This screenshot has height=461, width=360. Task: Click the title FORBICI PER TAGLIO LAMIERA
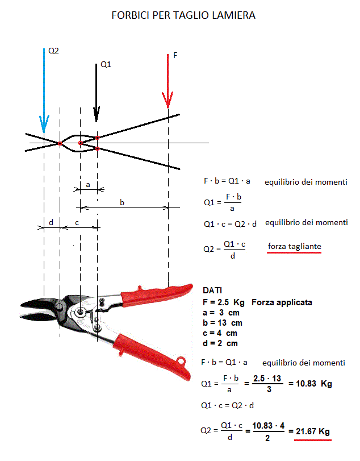click(x=183, y=15)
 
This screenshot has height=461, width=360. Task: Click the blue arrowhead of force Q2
click(x=44, y=124)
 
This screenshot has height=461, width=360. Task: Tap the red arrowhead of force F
click(x=168, y=100)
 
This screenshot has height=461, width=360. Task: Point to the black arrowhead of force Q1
click(x=97, y=114)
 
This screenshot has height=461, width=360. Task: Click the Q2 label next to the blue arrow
click(x=53, y=51)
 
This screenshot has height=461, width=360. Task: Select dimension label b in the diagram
click(x=122, y=202)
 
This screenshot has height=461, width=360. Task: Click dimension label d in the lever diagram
click(x=51, y=223)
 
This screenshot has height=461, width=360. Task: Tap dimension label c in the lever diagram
click(x=77, y=223)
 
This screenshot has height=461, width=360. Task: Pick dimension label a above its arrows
click(x=88, y=185)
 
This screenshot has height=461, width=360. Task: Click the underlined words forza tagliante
click(x=295, y=246)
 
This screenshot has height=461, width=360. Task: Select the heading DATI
click(x=212, y=290)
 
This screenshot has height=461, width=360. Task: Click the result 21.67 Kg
click(x=313, y=431)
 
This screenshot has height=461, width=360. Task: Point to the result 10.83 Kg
click(x=314, y=384)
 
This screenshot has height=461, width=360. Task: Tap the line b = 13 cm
click(x=222, y=323)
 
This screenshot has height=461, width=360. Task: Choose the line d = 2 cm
click(x=220, y=343)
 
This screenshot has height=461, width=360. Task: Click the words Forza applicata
click(x=282, y=302)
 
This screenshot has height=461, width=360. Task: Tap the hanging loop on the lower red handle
click(x=181, y=360)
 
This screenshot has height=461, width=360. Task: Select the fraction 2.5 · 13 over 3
click(x=267, y=384)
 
